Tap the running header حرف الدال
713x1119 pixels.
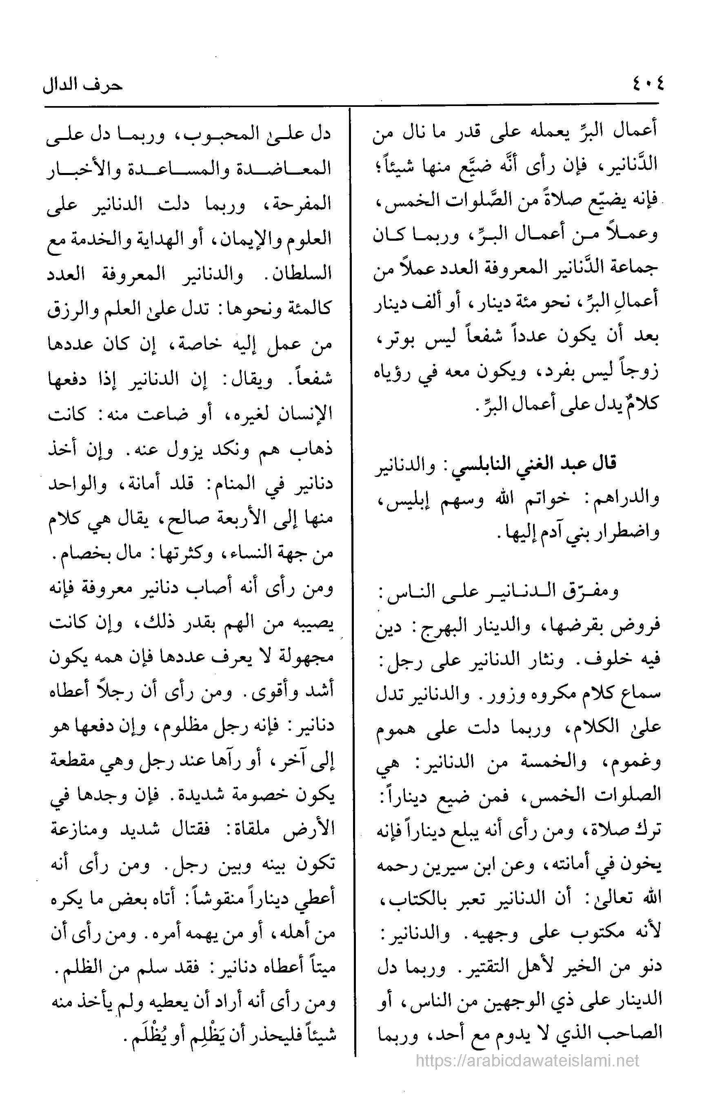(x=83, y=86)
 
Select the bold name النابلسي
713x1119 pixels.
(x=469, y=463)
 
